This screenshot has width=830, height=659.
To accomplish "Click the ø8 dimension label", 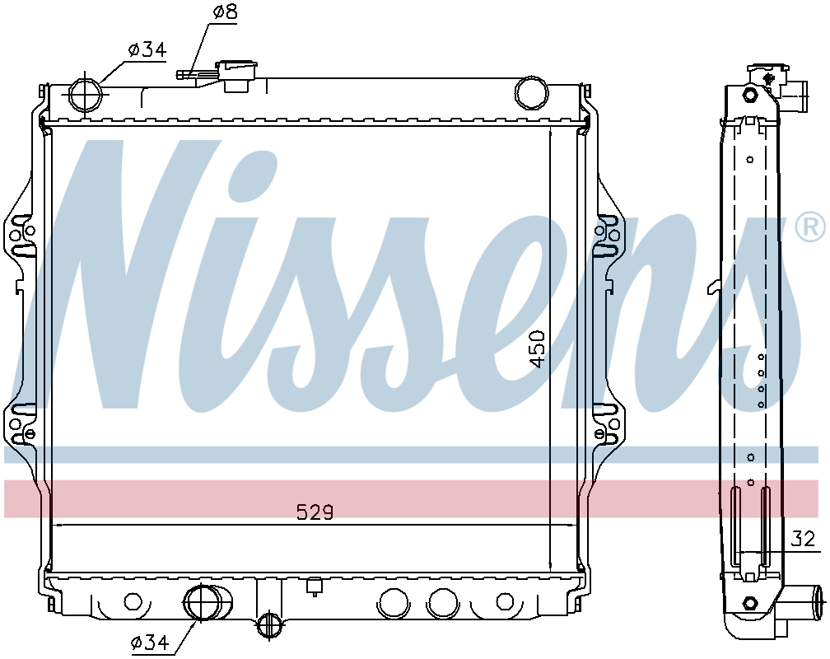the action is (225, 12).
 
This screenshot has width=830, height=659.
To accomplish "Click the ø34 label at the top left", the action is (147, 49).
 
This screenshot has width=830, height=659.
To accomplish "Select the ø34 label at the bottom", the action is (150, 643).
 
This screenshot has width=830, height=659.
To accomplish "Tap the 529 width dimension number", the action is (315, 512).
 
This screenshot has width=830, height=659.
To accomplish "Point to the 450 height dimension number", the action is (537, 349).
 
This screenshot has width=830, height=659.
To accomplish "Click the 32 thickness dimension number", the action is (803, 539).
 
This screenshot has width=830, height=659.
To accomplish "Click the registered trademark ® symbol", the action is (810, 228).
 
